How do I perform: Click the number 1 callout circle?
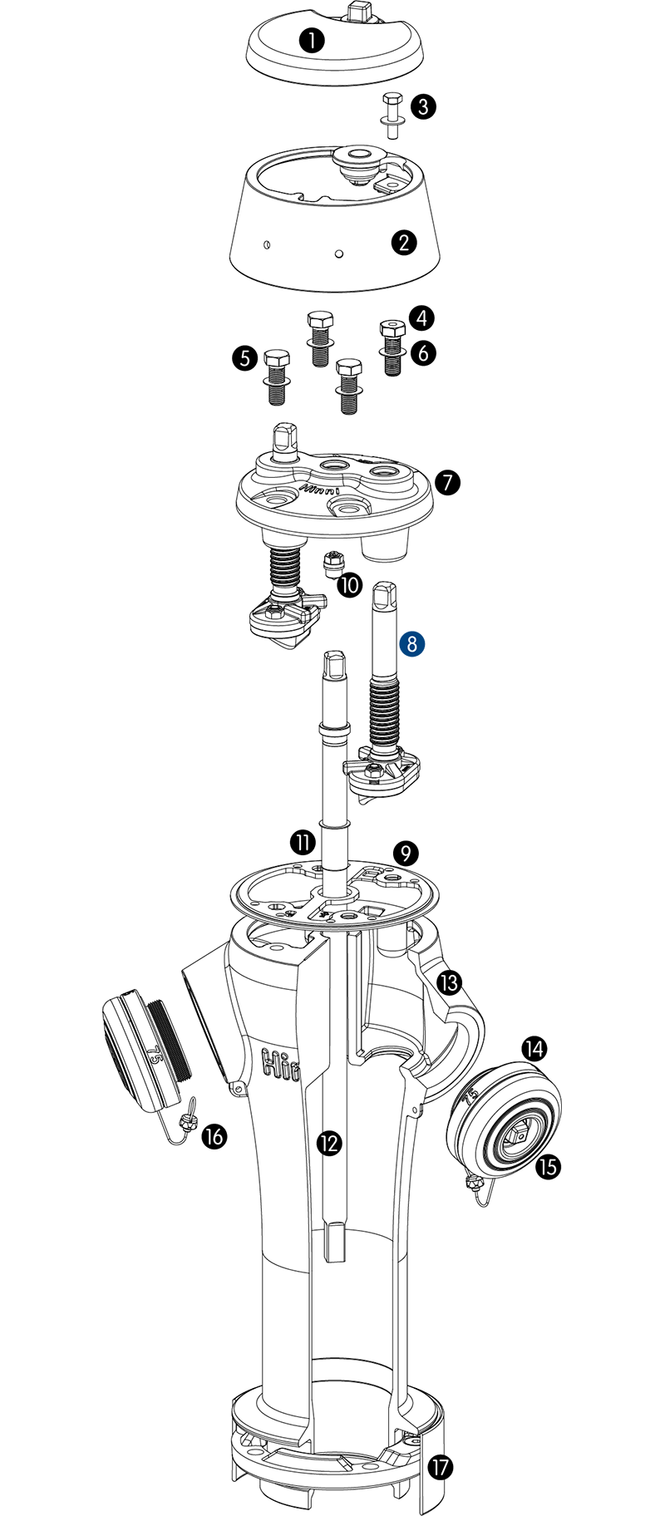[312, 40]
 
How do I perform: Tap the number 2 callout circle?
[404, 242]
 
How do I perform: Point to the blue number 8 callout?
[411, 644]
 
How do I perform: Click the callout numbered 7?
[447, 482]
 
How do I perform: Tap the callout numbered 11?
[303, 842]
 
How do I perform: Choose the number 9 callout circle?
[406, 853]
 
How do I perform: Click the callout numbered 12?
[330, 1144]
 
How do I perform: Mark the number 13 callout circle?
[449, 983]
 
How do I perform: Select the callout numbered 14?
[534, 1049]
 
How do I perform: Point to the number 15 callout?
[548, 1167]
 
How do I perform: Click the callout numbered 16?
[214, 1135]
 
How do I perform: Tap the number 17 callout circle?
[441, 1468]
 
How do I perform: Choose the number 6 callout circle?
[423, 353]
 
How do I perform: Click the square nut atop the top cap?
[360, 11]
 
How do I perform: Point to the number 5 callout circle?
[244, 358]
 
